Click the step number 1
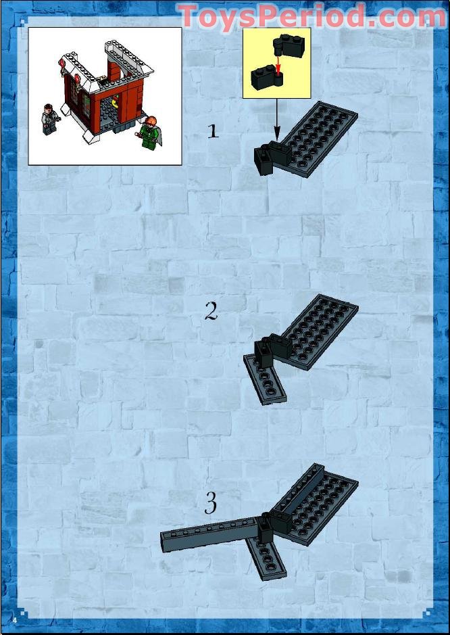[x=213, y=131]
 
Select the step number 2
[x=211, y=311]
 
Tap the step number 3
[x=211, y=503]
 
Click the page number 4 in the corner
[x=13, y=619]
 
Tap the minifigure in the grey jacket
[x=50, y=118]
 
